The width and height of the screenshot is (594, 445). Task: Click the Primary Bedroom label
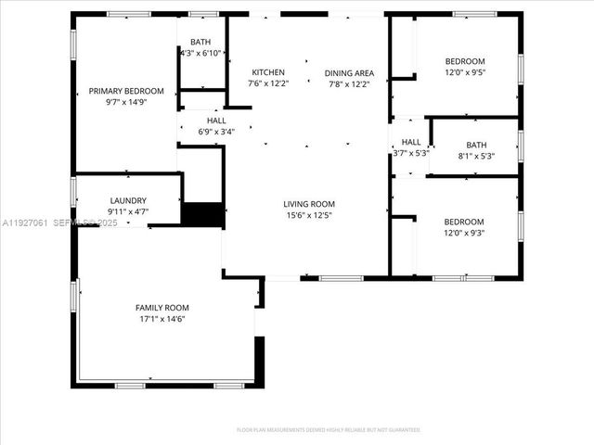click(x=126, y=91)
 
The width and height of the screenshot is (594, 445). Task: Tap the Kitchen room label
click(x=268, y=72)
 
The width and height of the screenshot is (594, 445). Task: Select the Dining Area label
click(x=349, y=72)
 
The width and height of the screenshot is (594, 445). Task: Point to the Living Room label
click(x=309, y=204)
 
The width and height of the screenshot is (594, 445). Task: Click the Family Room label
click(x=162, y=308)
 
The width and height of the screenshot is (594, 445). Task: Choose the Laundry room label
click(x=128, y=200)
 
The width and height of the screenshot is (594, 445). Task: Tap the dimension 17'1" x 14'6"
click(x=162, y=320)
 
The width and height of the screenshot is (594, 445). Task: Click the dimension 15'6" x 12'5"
click(x=309, y=216)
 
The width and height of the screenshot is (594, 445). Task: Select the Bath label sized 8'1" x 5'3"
click(x=476, y=145)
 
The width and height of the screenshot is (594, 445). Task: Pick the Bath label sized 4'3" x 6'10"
click(x=200, y=43)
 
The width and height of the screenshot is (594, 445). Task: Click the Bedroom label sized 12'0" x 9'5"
click(x=464, y=61)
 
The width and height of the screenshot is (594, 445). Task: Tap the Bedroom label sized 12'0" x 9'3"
click(x=464, y=222)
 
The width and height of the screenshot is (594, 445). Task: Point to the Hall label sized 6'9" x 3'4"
click(x=216, y=120)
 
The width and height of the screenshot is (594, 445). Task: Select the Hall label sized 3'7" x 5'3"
click(x=411, y=142)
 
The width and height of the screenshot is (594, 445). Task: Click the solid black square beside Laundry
click(x=201, y=214)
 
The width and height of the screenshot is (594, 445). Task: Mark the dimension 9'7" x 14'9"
click(x=126, y=103)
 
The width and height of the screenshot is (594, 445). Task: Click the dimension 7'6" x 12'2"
click(x=268, y=84)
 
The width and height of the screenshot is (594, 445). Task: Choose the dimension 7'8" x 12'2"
click(x=349, y=84)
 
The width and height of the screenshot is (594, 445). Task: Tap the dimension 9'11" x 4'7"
click(x=128, y=212)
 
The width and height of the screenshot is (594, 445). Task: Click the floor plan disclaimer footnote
click(x=328, y=430)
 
